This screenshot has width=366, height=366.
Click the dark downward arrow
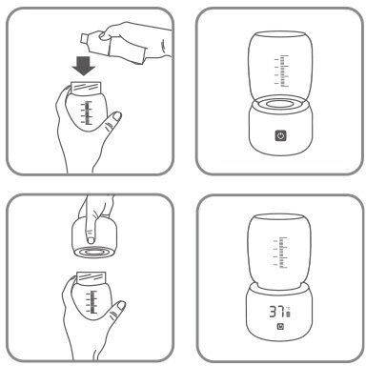coord(83,66)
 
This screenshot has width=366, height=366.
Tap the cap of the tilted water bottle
coord(84,38)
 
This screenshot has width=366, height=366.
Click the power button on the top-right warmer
coord(280,136)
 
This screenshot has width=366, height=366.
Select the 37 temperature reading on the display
coord(276,312)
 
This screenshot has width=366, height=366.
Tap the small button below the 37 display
coord(280,327)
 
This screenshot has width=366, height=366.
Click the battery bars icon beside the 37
coord(288,315)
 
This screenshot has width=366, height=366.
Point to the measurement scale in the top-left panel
coord(87,112)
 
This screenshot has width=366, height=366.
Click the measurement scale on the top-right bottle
coord(282,71)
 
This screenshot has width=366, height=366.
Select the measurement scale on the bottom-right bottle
coord(280,253)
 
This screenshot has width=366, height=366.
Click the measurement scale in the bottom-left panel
coord(91,302)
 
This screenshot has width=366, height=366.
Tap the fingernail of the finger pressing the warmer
coord(91,240)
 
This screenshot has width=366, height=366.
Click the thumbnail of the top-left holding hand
coord(117,116)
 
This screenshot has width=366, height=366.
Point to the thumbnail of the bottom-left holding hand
coord(121,306)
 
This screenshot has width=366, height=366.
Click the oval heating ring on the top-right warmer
coord(280,104)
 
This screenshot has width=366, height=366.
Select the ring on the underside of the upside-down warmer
coord(93,252)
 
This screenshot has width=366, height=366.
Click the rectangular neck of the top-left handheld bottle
coord(86,88)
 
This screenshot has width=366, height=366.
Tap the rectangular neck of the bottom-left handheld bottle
coord(91,277)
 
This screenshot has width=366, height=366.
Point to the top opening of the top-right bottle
coord(280,34)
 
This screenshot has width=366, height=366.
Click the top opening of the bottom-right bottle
coord(279,217)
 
